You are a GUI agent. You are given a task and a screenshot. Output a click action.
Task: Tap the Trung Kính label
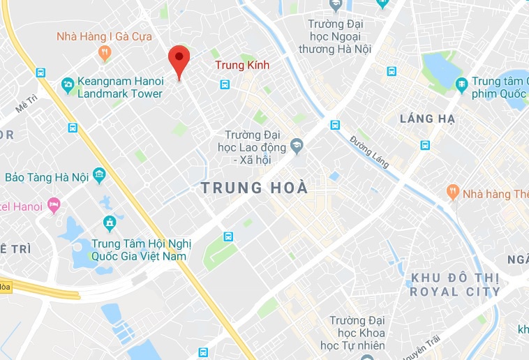click(x=241, y=66)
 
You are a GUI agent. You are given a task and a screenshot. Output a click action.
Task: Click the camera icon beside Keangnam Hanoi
click(x=68, y=85)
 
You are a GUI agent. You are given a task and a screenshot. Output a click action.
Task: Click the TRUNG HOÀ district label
click(x=254, y=188)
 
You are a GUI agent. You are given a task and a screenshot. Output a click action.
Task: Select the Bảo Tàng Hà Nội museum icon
click(x=98, y=175)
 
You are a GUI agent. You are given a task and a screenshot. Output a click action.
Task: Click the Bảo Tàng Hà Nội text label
click(x=47, y=177)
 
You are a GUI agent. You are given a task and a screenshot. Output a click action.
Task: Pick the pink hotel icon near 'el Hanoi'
click(x=54, y=206)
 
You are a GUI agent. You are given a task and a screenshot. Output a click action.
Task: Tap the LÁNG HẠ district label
click(x=427, y=119)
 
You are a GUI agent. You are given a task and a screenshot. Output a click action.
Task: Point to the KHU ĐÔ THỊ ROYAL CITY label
click(x=455, y=284)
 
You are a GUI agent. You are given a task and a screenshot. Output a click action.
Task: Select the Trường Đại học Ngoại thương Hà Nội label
click(x=336, y=36)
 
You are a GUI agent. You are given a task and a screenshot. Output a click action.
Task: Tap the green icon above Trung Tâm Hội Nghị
click(x=109, y=223)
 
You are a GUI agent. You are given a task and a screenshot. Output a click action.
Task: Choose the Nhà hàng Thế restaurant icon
click(x=452, y=191)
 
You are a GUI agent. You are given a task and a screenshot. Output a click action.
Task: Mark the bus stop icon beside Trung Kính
click(x=225, y=84)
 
